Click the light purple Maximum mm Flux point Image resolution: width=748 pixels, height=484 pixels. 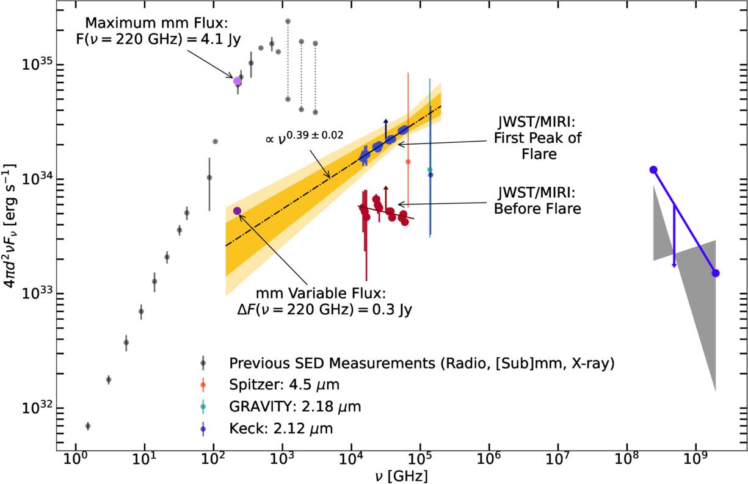tap(238, 81)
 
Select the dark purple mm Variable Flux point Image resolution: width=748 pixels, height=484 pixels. tap(238, 211)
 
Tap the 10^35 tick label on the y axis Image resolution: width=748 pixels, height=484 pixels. tap(38, 64)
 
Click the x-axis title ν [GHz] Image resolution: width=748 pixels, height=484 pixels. tap(401, 476)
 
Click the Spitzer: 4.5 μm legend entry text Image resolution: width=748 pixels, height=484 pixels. tap(285, 385)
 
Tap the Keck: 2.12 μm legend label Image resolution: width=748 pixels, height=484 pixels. tap(281, 428)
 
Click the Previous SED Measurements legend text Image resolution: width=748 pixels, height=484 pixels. tap(421, 363)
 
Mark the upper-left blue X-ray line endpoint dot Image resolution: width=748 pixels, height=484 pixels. tap(653, 170)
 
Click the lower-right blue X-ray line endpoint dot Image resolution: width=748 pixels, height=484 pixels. tap(716, 273)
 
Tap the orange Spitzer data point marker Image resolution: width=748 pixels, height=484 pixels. tap(408, 162)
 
